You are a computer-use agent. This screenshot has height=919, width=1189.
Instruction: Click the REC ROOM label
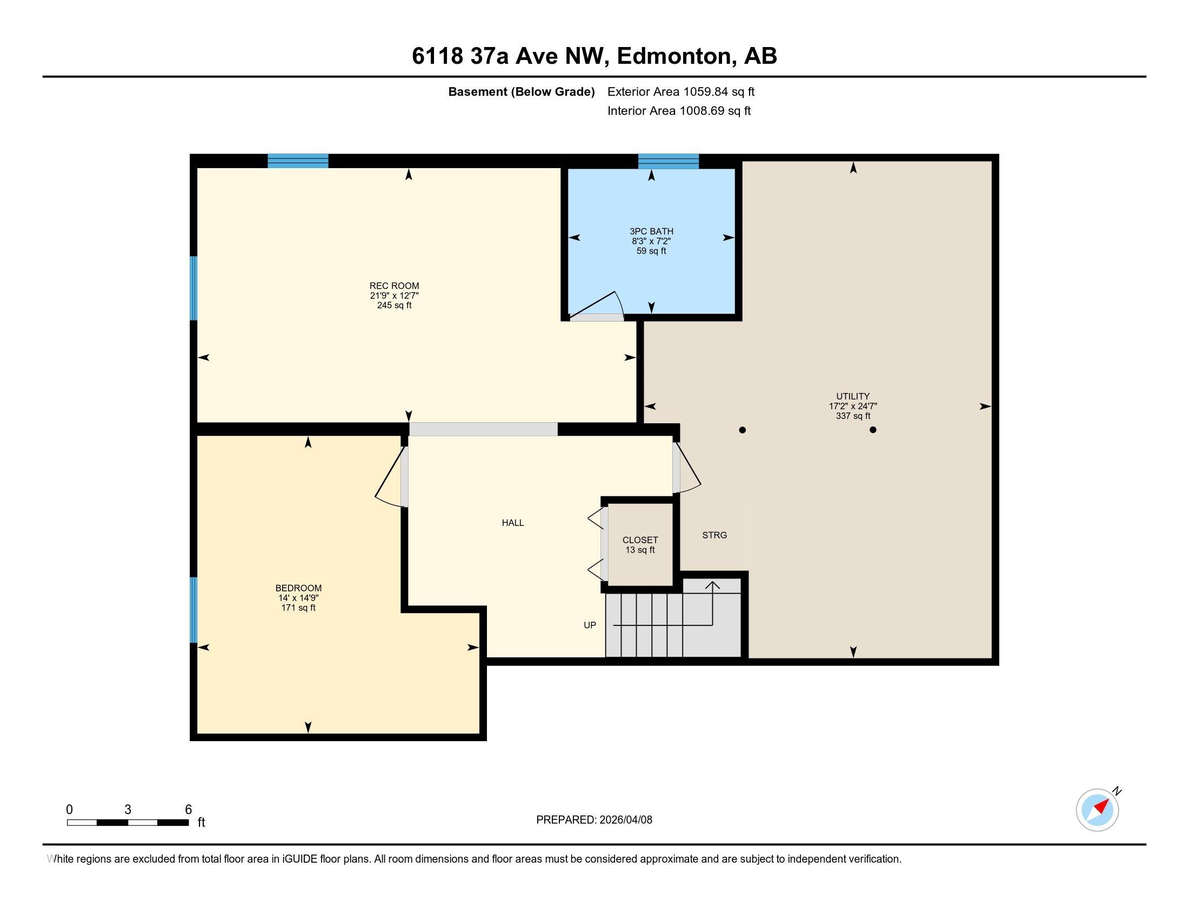pos(394,285)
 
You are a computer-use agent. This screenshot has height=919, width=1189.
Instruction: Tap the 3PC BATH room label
pos(651,231)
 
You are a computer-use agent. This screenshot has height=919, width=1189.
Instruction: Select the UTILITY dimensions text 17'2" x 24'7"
pos(852,406)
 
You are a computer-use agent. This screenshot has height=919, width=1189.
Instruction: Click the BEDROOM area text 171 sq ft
pos(298,608)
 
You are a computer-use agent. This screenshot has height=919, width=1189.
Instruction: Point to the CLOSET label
pos(640,540)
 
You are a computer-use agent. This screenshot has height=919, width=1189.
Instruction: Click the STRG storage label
pos(714,535)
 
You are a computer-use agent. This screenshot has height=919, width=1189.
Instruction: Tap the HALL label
pos(512,523)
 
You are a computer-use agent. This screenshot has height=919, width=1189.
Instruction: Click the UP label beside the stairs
pos(590,625)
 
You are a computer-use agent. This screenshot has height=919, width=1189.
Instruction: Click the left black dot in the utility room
pos(742,430)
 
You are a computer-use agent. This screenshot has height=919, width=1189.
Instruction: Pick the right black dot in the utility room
pos(873,430)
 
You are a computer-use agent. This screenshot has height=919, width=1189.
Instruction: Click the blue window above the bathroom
pos(668,161)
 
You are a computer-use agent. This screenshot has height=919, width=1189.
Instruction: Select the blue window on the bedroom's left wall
pos(193,610)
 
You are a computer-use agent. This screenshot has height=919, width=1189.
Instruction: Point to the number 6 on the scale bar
pos(189,809)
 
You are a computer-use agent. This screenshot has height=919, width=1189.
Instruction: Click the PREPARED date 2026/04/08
pos(624,820)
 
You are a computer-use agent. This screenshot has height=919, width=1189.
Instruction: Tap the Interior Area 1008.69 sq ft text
pos(678,111)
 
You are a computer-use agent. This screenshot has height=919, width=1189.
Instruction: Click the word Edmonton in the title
pos(674,56)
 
